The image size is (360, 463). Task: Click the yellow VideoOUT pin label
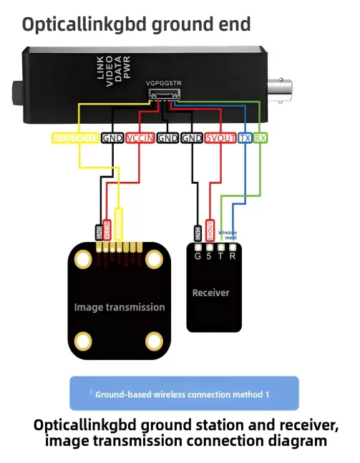click(x=75, y=138)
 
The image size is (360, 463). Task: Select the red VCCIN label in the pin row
click(x=141, y=138)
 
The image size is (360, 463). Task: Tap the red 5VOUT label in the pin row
click(x=220, y=138)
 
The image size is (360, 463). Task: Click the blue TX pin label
click(x=245, y=138)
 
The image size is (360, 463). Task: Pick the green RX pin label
click(x=261, y=138)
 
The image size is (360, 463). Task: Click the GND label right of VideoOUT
click(x=112, y=138)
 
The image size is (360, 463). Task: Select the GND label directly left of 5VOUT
click(x=192, y=138)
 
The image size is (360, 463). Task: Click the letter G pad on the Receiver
click(x=198, y=255)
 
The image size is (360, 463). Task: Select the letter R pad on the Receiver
click(x=232, y=255)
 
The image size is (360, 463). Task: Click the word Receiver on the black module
click(x=210, y=293)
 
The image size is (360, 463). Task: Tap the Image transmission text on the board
click(x=120, y=307)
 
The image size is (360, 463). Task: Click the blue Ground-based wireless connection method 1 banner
click(x=183, y=394)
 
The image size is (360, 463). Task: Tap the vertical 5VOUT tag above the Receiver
click(x=210, y=229)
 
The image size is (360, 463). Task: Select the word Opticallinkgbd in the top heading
click(x=76, y=24)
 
